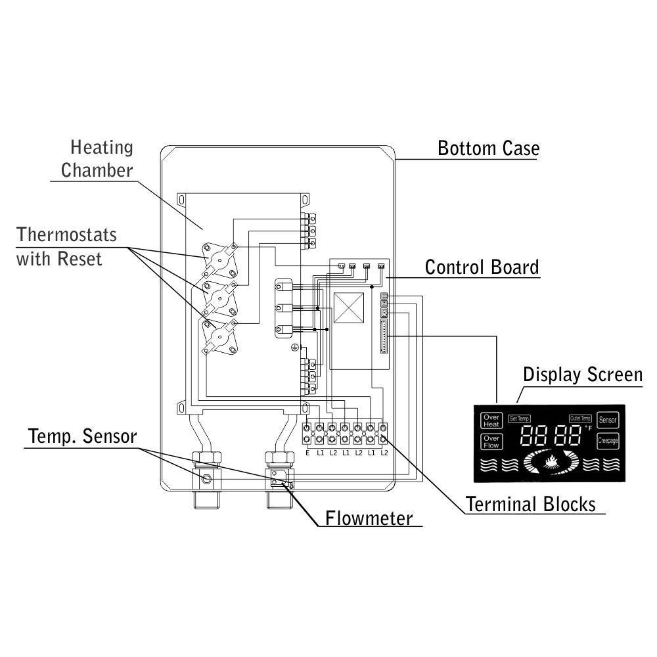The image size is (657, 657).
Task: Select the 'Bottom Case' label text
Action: pos(488,148)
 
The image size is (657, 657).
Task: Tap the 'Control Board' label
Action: pos(482,267)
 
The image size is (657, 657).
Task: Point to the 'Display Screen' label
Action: pos(582,374)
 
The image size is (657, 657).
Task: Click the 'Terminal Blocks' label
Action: pos(530,504)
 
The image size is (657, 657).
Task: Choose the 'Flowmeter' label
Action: pos(369,518)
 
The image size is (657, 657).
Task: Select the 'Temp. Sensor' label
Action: pos(82,436)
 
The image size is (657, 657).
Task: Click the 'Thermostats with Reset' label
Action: pos(66,246)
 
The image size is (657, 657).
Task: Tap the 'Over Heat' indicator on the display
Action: pos(491,420)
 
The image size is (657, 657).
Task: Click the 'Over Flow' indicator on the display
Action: pos(491,442)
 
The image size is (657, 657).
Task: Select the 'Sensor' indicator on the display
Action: pos(608,419)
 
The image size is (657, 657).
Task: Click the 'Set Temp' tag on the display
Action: pos(519,419)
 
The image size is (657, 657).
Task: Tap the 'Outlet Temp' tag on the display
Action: pos(581,419)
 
